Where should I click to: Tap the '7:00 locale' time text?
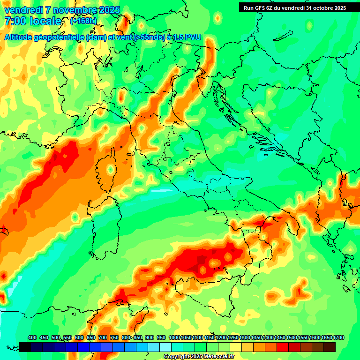point(33,21)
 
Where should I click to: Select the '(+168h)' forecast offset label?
point(83,21)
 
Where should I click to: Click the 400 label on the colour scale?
point(32,337)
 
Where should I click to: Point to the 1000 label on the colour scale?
point(174,337)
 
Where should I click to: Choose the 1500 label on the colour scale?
point(292,337)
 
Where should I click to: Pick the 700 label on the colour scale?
point(103,337)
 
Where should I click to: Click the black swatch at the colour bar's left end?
point(25,347)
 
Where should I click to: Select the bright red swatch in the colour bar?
point(283,347)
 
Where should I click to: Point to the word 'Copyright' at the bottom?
point(177,357)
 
